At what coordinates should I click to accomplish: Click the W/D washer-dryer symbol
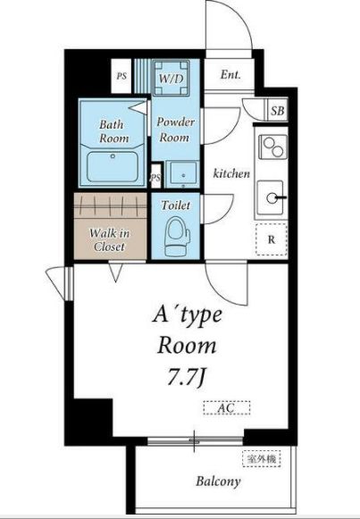tap(171, 78)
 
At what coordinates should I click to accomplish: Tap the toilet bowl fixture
tap(178, 237)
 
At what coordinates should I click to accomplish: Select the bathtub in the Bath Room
tap(113, 166)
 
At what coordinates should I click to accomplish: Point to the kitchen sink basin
tap(271, 198)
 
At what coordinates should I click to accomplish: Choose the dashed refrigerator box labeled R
tap(272, 239)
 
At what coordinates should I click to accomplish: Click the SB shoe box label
tap(277, 111)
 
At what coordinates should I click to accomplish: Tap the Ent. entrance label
tap(230, 75)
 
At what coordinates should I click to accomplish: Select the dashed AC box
tap(227, 407)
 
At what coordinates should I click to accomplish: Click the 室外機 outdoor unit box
tap(262, 459)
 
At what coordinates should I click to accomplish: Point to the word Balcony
tap(218, 481)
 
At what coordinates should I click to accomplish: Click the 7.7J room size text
tap(187, 377)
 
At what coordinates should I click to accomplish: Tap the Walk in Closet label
tap(109, 239)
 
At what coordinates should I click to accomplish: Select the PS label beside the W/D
tap(121, 76)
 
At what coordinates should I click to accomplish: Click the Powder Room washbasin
tap(182, 174)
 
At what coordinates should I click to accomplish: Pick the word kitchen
tap(231, 173)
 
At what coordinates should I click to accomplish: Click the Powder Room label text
tap(175, 130)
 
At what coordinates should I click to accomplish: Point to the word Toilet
tap(176, 205)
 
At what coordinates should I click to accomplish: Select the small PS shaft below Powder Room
tap(156, 176)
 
